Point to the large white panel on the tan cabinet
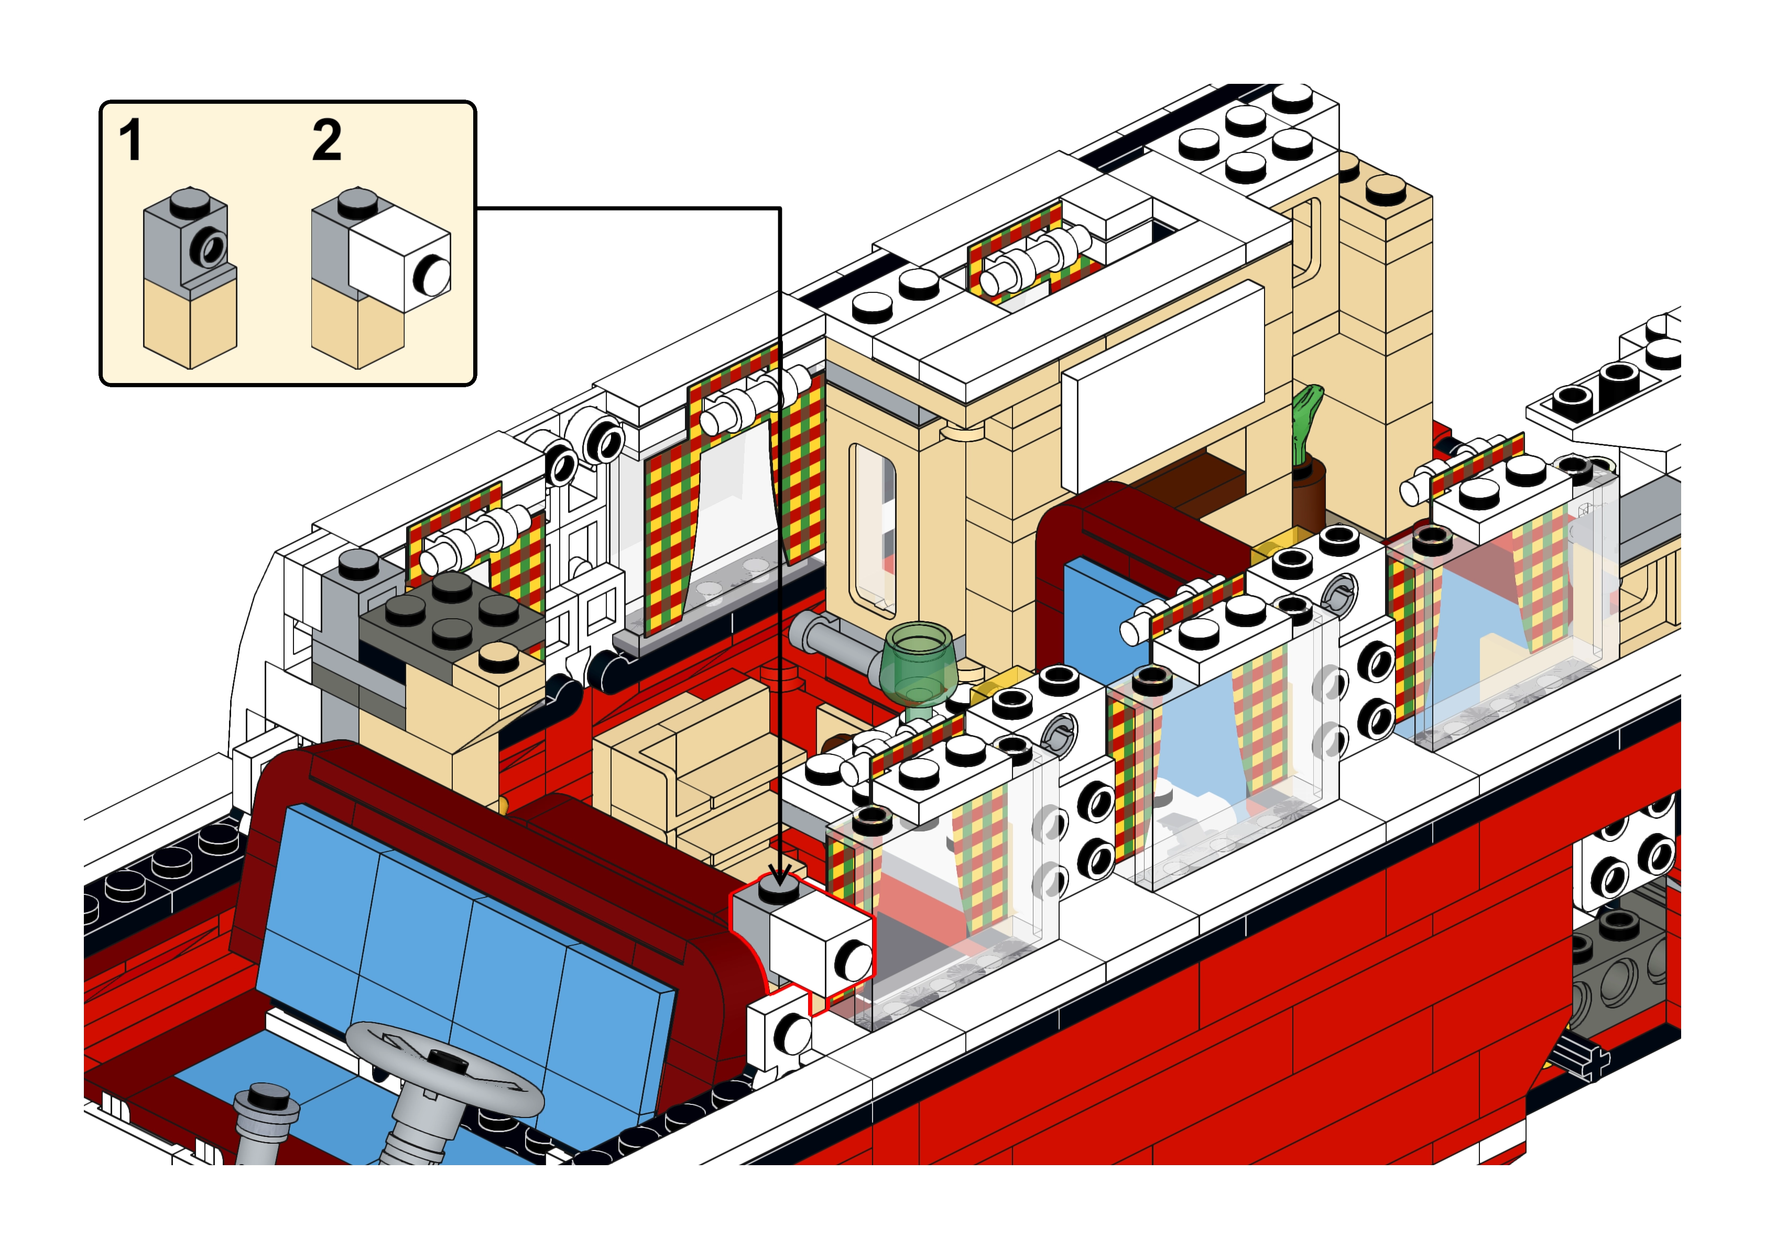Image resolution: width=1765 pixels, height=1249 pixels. [x=1163, y=387]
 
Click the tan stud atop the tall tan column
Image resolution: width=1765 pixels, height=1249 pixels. [x=1386, y=189]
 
